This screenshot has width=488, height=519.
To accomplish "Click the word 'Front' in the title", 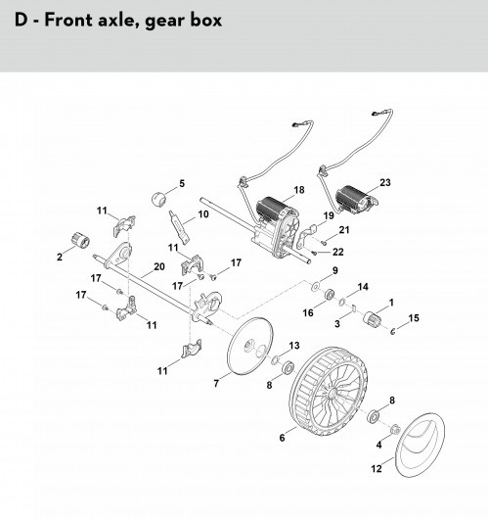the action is [68, 20].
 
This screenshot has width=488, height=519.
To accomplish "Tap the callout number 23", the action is [385, 183].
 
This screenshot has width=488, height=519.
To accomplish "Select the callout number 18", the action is [299, 190].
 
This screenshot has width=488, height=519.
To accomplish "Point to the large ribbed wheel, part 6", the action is [328, 392].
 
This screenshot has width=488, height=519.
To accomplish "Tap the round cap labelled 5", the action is [158, 199].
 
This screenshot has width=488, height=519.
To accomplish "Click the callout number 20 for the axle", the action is [159, 266].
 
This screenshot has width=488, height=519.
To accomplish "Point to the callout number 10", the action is [203, 214].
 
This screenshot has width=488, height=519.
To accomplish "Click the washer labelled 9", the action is [316, 286].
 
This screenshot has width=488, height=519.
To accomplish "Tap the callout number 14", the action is [363, 287].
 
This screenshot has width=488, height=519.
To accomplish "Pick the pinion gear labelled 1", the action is [373, 319].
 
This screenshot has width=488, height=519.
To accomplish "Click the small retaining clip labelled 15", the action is [392, 331].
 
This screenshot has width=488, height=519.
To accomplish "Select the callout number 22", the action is [338, 252].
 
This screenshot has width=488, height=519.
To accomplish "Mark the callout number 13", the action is [294, 346].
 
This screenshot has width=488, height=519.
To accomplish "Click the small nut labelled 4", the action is [395, 430].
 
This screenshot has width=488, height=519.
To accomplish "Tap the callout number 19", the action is [329, 215].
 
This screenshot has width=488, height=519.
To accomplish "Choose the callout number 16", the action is [308, 312].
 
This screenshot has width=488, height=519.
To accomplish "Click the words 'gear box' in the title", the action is [184, 21].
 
